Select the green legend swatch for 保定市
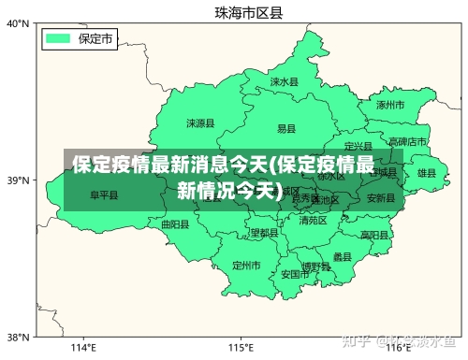(59, 38)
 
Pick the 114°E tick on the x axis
(84, 348)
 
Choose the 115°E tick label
(241, 348)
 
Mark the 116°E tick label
(398, 348)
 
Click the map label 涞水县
(284, 82)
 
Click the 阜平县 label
(104, 195)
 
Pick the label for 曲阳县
(175, 224)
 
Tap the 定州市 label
(245, 266)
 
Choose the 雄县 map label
(427, 173)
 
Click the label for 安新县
(380, 198)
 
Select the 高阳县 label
(373, 234)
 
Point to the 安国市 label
(295, 275)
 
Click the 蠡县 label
(343, 256)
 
